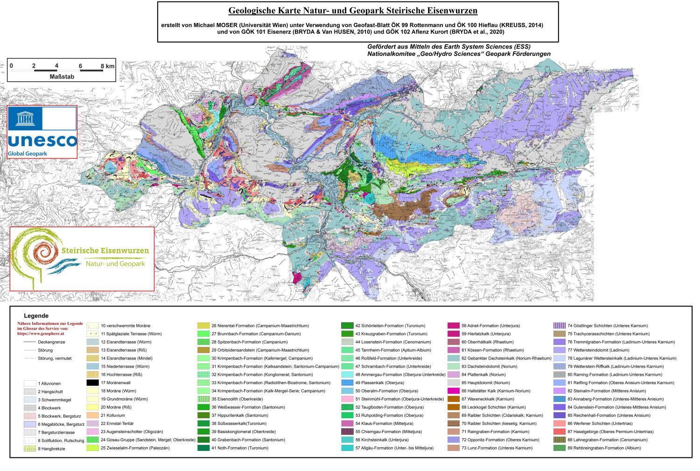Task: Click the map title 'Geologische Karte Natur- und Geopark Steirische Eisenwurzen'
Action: pos(353,10)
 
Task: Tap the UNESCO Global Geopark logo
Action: pos(42,133)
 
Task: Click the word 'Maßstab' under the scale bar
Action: pos(62,76)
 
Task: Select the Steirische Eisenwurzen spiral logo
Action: pos(82,258)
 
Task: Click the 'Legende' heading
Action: pos(36,316)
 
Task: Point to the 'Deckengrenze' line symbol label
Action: pos(51,342)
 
